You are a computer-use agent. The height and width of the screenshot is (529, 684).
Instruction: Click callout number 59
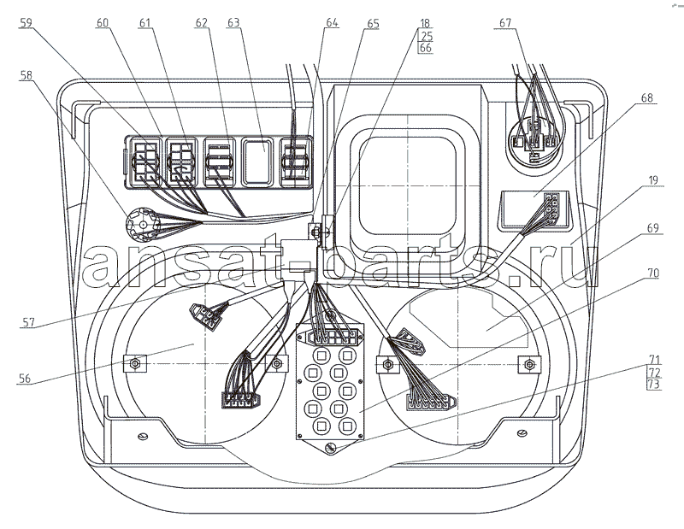[27, 22]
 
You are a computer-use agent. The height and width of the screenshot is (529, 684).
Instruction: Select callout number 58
[27, 75]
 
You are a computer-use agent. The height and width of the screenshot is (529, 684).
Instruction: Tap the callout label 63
[233, 22]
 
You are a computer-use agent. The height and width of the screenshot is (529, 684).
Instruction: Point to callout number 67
[505, 22]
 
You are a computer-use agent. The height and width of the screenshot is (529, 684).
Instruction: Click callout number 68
[647, 97]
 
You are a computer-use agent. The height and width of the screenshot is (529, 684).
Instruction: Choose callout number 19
[653, 180]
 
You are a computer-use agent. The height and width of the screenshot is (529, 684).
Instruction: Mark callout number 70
[653, 273]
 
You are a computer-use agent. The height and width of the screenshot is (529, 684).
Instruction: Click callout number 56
[25, 378]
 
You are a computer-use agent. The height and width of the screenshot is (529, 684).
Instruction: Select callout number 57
[28, 322]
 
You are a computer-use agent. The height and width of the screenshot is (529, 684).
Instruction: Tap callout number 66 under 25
[426, 48]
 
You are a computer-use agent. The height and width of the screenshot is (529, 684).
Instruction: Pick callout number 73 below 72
[654, 385]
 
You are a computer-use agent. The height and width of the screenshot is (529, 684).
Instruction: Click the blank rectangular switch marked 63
[258, 162]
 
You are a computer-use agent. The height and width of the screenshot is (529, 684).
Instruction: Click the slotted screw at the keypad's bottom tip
[331, 448]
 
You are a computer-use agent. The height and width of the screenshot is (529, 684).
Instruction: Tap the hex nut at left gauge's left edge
[135, 363]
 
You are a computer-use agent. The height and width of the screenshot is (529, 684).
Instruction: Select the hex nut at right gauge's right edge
[529, 364]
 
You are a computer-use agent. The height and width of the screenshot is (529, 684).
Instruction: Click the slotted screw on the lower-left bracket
[143, 436]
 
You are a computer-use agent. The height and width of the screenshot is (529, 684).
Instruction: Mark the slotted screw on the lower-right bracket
[522, 433]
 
